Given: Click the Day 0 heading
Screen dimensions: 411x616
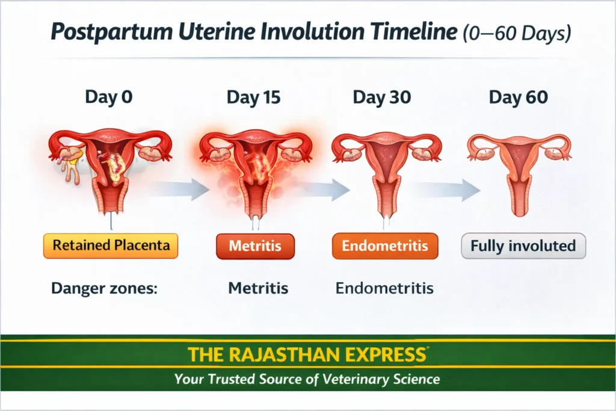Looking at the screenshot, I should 108,97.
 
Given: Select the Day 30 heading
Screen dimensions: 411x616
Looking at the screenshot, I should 383,97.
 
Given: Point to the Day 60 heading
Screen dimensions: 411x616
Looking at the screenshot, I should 518,97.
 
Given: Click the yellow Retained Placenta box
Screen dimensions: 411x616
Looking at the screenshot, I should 111,246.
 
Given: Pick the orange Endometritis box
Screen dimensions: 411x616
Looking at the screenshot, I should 385,246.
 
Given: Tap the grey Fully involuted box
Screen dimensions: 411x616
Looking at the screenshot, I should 523,246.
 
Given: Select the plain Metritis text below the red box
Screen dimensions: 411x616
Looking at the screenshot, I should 258,288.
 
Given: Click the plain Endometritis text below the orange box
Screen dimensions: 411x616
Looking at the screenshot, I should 384,288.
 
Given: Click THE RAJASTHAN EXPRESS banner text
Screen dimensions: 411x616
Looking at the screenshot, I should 307,354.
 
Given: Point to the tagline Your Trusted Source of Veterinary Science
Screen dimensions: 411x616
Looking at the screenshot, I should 307,380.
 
